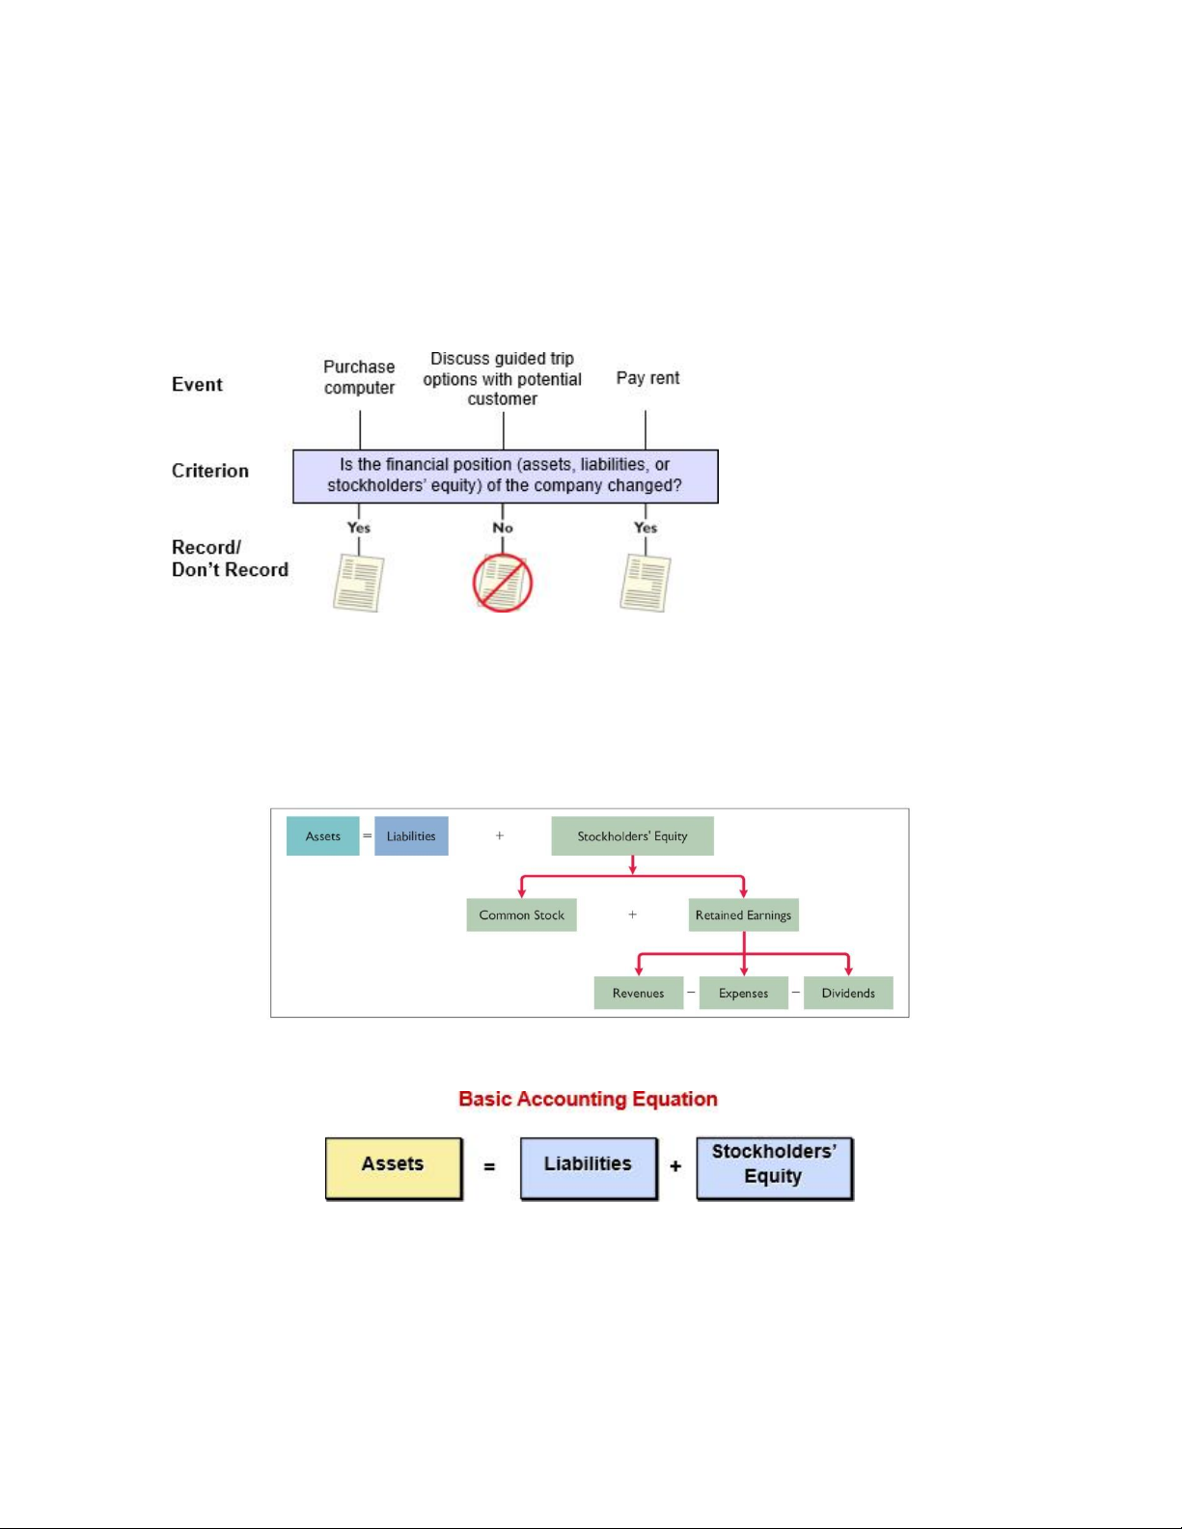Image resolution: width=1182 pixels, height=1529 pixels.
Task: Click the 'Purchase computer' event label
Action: pos(359,377)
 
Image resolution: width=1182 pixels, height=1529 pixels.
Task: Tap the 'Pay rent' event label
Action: pos(647,378)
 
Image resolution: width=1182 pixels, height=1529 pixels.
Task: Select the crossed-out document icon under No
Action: pos(502,583)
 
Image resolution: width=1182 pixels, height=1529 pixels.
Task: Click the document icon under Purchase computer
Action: pos(358,583)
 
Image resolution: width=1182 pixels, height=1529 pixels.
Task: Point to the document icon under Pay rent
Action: pos(645,583)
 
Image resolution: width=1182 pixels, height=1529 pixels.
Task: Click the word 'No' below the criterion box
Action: pos(503,528)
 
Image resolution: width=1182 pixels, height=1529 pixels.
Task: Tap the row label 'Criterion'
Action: pos(210,471)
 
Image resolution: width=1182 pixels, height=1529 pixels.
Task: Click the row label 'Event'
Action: pos(197,385)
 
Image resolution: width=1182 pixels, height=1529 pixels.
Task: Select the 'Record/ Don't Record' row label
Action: pos(230,559)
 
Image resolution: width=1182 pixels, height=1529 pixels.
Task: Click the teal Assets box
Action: pos(322,836)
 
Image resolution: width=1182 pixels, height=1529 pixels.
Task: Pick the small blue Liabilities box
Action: pos(411,836)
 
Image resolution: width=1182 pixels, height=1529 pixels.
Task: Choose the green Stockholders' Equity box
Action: pos(632,836)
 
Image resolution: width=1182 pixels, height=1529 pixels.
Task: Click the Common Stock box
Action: pos(521,915)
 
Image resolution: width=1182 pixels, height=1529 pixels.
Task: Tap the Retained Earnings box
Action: pos(743,915)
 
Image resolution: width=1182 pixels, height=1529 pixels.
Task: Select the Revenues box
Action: pos(638,993)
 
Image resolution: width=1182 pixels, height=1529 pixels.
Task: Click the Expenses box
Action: pos(743,993)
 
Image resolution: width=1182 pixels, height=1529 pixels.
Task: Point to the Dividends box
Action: pos(848,993)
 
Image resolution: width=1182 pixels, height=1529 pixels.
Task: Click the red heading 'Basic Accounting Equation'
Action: pos(588,1099)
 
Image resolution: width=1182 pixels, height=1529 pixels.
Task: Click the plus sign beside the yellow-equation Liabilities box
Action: pos(675,1166)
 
